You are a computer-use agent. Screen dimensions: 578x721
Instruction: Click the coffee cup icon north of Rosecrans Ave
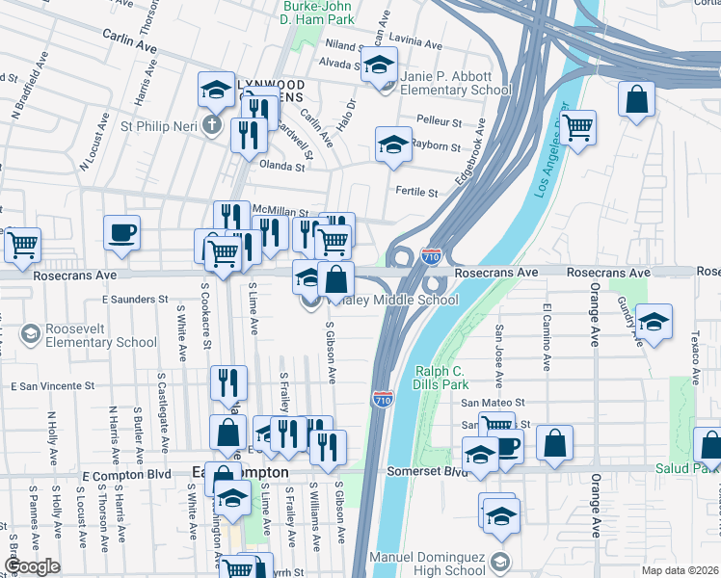point(122,232)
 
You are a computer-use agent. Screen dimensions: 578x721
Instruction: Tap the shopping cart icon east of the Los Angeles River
point(577,127)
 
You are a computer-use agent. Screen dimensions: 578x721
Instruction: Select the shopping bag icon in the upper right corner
point(637,99)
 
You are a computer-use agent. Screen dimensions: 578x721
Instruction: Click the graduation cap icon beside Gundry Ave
point(654,323)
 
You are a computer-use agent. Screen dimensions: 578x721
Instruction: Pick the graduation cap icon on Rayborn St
point(392,145)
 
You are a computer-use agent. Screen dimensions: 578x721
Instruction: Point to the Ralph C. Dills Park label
point(446,378)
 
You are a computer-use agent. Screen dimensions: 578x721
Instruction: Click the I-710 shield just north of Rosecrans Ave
point(431,257)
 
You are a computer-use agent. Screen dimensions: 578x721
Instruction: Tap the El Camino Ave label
point(547,338)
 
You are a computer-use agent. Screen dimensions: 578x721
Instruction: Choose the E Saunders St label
point(135,300)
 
